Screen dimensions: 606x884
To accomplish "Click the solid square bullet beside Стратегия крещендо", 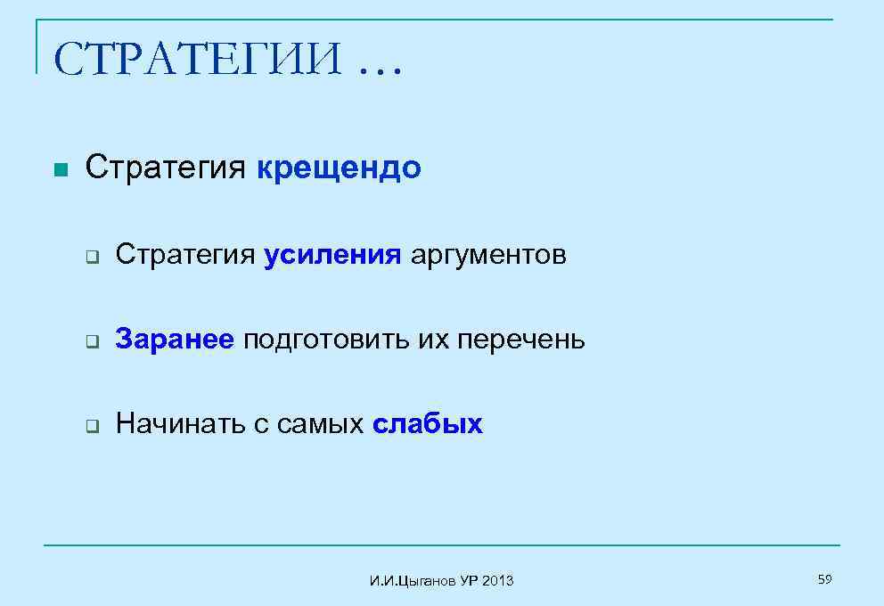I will click(x=60, y=169).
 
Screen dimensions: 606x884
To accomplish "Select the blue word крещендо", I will click(x=339, y=168).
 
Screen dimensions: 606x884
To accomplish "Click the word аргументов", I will click(x=487, y=257).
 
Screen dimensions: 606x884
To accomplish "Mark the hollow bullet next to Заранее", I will click(x=91, y=341).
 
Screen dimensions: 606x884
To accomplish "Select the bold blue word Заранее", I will click(x=175, y=340).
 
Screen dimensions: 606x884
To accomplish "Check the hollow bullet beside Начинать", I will click(x=91, y=426).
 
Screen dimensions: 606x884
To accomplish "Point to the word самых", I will click(x=320, y=424).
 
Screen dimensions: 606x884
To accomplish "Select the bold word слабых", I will click(x=427, y=424).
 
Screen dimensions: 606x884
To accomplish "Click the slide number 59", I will click(x=824, y=580).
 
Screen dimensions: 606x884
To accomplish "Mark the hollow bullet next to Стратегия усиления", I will click(x=91, y=258).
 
